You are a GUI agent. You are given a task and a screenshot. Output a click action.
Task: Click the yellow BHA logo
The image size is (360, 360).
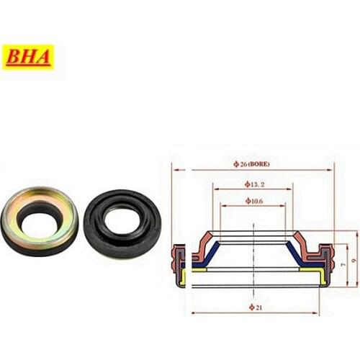29,58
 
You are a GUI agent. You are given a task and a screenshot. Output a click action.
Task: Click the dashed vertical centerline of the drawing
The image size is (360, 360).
253,288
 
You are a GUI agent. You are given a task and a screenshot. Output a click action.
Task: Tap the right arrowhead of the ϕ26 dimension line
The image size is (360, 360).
331,170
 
